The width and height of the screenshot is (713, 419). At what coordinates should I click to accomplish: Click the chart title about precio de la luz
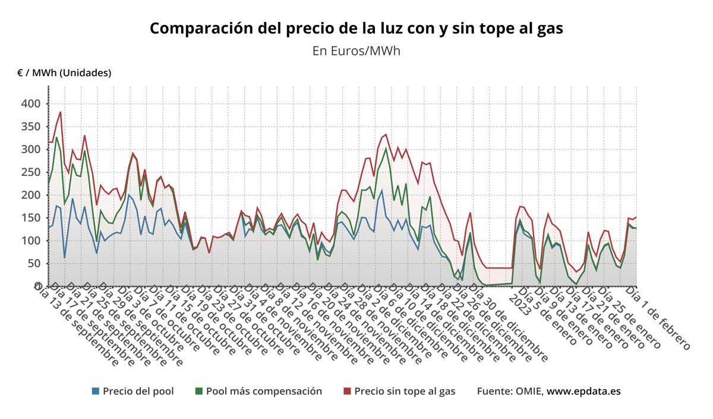point(356,28)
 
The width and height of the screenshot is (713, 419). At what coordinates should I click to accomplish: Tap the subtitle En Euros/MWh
point(356,51)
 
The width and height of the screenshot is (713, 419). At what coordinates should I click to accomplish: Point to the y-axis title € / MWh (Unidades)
point(64,73)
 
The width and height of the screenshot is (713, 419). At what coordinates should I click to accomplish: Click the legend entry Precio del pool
point(138,391)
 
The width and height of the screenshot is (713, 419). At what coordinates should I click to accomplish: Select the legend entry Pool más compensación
point(264,391)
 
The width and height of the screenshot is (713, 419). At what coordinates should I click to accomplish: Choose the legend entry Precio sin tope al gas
point(405,391)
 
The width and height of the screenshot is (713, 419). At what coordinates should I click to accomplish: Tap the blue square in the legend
point(96,391)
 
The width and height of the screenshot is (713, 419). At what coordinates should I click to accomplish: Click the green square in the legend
point(199,391)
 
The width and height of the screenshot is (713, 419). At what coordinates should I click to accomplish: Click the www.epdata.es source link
point(583,391)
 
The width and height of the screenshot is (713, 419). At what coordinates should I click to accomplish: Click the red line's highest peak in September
point(60,112)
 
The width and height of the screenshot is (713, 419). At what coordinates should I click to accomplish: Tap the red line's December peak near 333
point(386,134)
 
